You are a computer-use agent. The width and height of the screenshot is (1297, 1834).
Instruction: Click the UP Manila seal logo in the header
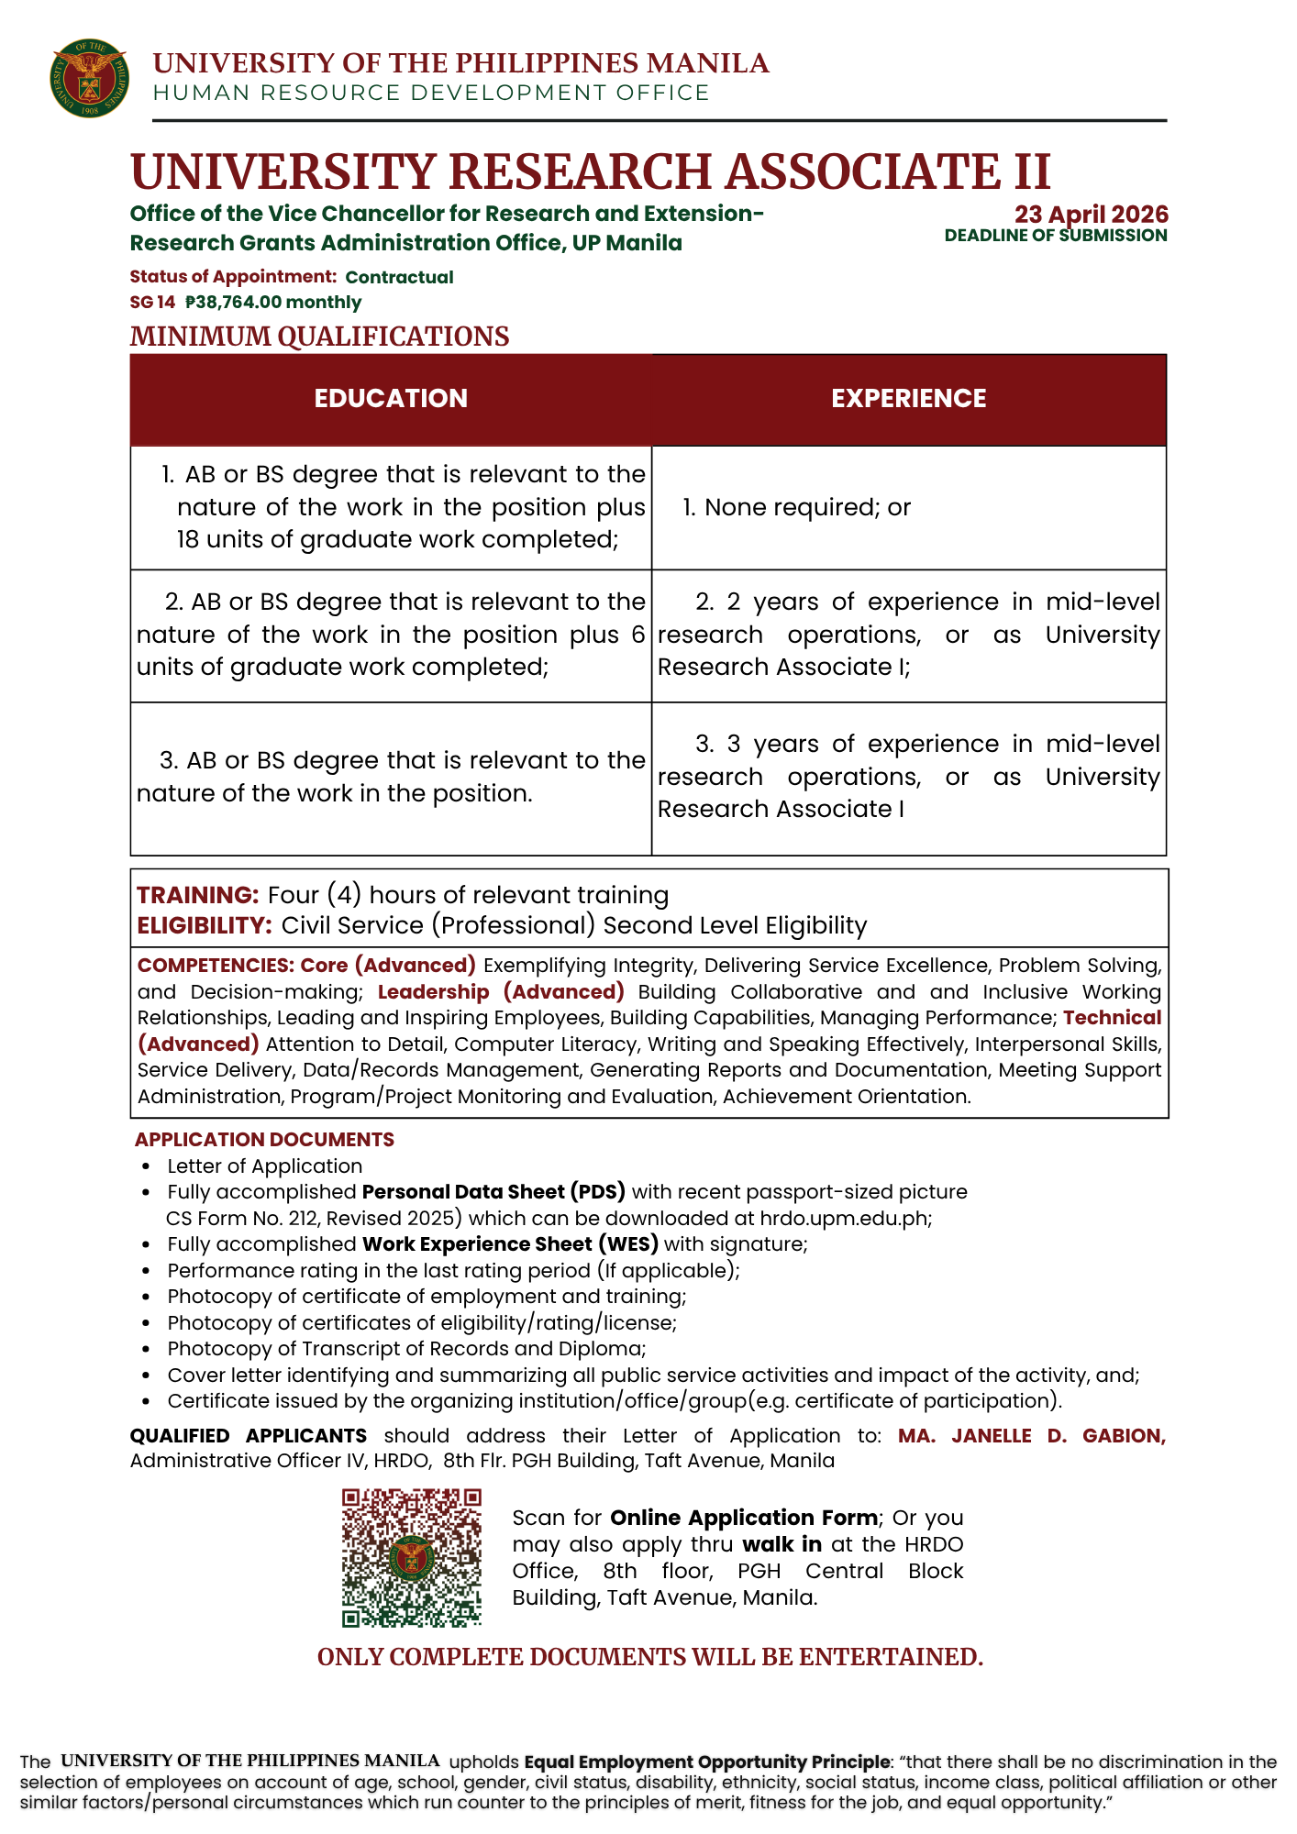(x=89, y=78)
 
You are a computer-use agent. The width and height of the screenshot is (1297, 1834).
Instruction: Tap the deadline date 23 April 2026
(x=1091, y=215)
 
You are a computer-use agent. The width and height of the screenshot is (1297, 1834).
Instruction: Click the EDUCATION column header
(x=391, y=399)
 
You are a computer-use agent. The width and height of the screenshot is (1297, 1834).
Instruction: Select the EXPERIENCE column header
(x=908, y=399)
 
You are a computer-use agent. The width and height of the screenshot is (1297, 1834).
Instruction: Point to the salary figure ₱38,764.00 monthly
(x=273, y=303)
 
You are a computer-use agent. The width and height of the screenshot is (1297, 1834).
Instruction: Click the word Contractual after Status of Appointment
(x=399, y=277)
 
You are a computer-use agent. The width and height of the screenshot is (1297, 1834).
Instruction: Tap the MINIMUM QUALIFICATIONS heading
(x=319, y=337)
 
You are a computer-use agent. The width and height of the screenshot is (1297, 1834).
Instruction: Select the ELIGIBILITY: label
(x=205, y=925)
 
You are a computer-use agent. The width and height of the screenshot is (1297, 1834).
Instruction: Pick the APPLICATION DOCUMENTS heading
(x=264, y=1140)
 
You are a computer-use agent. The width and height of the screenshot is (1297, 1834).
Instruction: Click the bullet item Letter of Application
(x=264, y=1166)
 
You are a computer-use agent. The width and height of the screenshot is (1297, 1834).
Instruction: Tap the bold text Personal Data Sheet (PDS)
(x=493, y=1192)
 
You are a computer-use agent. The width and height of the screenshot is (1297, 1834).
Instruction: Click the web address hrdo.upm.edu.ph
(x=844, y=1219)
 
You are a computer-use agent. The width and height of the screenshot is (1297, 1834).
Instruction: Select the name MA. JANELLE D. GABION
(x=1031, y=1436)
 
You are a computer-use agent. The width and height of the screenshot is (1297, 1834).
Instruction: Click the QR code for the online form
(x=412, y=1558)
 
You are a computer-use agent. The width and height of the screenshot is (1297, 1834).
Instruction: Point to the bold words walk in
(x=782, y=1544)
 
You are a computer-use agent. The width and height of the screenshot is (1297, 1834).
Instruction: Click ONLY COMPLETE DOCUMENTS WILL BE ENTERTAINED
(x=649, y=1657)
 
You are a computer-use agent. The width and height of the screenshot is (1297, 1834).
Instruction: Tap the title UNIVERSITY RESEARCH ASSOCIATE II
(x=590, y=171)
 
